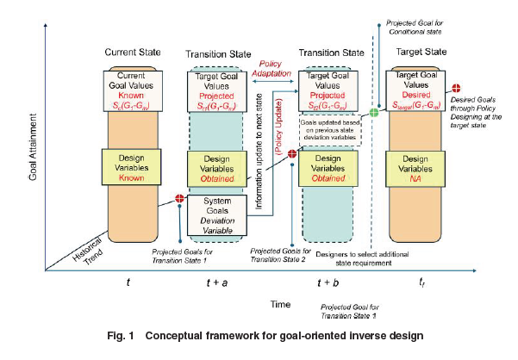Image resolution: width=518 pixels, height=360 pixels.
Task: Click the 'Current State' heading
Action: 128,54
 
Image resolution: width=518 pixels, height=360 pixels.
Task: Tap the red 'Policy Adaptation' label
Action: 274,70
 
